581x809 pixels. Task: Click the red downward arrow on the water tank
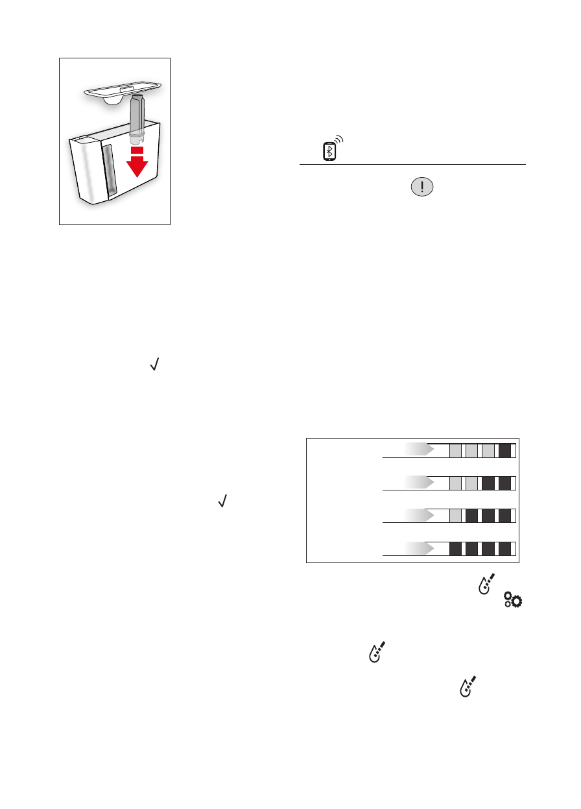pos(136,166)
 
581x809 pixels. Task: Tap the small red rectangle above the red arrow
pos(136,150)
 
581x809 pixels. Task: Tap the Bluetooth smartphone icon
pos(329,152)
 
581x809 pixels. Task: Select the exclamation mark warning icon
pos(422,187)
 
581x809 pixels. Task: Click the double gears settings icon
pos(513,601)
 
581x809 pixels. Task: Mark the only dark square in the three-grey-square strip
pos(505,451)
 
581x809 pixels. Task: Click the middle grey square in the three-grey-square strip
pos(473,451)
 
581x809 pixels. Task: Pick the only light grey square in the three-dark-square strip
pos(456,516)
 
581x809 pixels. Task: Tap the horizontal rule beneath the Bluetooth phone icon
pos(412,165)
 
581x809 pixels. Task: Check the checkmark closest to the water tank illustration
pos(154,367)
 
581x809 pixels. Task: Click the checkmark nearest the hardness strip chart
pos(222,501)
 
